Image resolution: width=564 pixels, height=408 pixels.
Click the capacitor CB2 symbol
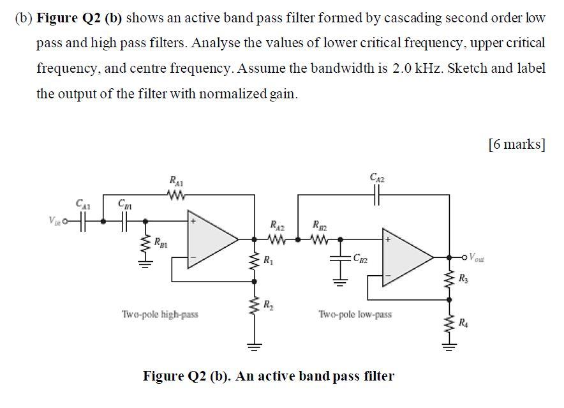339,258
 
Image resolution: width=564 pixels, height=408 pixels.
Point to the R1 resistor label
269,260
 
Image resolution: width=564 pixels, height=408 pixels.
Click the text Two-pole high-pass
160,314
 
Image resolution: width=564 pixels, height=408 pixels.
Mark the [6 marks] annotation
516,144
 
